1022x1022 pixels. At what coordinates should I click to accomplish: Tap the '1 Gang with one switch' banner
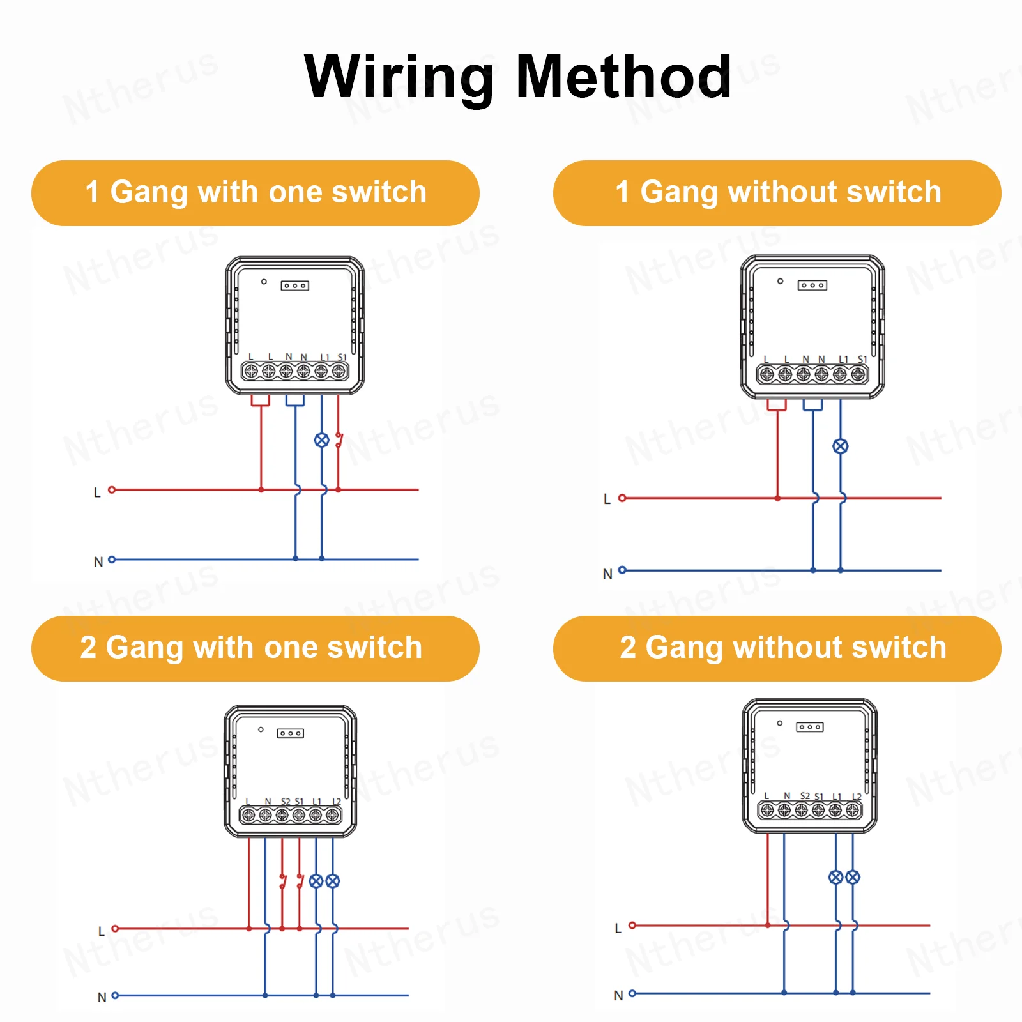click(x=256, y=193)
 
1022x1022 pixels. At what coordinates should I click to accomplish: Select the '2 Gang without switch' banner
click(x=777, y=648)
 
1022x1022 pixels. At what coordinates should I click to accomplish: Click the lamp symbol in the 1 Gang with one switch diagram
click(x=322, y=440)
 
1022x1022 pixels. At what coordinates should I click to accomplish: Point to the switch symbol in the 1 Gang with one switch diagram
click(x=339, y=440)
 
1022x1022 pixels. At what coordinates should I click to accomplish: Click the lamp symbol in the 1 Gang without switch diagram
click(x=841, y=446)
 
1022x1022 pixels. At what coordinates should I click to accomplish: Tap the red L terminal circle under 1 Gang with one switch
click(x=112, y=490)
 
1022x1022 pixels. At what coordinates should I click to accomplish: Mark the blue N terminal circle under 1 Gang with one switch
click(x=112, y=560)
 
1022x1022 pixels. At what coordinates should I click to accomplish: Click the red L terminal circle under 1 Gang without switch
click(x=622, y=498)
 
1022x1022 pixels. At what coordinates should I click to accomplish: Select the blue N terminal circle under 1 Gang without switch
click(x=622, y=570)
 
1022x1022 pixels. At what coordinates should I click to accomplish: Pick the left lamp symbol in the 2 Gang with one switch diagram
click(x=316, y=881)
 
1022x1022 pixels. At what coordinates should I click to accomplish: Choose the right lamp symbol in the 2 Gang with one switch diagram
click(x=333, y=881)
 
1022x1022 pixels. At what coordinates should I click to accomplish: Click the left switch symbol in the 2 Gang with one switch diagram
click(x=283, y=882)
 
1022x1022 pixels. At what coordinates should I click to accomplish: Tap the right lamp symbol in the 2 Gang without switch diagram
click(x=853, y=877)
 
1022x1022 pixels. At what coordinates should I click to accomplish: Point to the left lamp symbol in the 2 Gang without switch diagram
click(x=835, y=877)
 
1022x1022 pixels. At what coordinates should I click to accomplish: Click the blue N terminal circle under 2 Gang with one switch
click(x=116, y=995)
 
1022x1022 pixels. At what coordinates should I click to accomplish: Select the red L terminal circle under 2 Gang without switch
click(x=632, y=925)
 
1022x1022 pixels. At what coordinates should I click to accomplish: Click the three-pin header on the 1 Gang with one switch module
click(x=294, y=286)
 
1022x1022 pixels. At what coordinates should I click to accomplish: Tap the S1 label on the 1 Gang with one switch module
click(x=342, y=357)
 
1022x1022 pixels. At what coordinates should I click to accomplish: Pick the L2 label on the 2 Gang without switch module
click(x=857, y=797)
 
